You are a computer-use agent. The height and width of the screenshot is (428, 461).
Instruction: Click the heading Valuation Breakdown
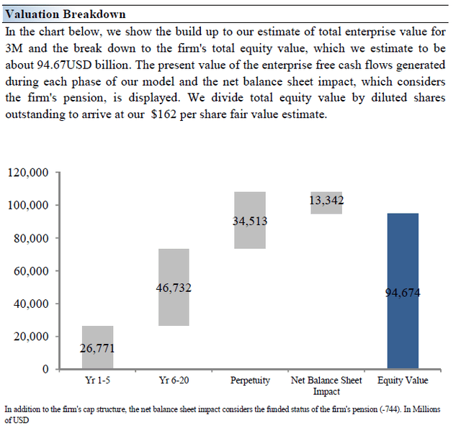point(65,14)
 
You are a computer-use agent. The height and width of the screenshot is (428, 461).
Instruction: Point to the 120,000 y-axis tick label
point(28,173)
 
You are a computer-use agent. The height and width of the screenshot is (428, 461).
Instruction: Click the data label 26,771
point(97,349)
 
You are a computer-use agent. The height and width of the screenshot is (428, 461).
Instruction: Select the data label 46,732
point(174,288)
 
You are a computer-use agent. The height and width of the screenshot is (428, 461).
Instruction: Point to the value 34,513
point(250,222)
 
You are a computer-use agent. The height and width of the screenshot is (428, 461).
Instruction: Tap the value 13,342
point(326,200)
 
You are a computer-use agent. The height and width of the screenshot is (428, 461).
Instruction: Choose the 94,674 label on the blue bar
point(403,293)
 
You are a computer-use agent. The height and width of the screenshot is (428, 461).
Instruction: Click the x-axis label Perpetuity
point(250,381)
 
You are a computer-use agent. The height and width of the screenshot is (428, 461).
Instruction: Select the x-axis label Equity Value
point(403,381)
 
